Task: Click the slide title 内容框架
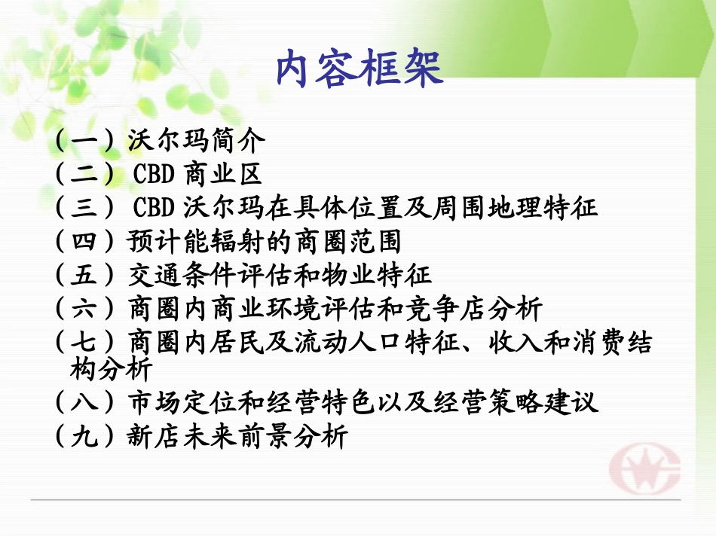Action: tap(357, 70)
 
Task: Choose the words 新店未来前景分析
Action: tap(239, 437)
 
